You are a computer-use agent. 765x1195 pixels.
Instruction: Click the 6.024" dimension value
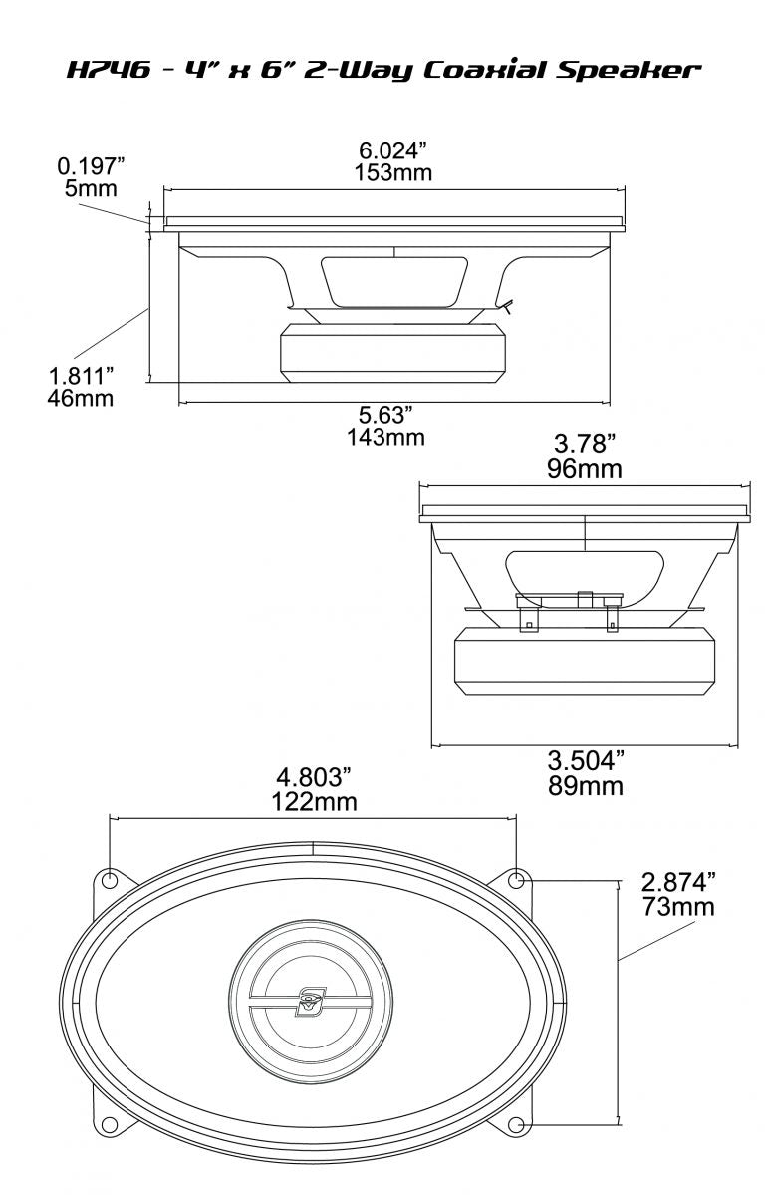click(x=392, y=149)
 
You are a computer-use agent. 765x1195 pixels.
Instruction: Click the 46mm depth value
click(x=80, y=399)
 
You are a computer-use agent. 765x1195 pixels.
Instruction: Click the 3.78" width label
click(x=585, y=446)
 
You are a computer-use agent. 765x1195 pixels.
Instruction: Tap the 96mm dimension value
click(x=585, y=468)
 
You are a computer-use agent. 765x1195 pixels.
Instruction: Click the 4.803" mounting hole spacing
click(x=314, y=777)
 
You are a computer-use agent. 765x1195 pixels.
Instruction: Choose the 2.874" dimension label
click(x=678, y=883)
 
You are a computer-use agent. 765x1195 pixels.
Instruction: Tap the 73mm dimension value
click(x=678, y=907)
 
